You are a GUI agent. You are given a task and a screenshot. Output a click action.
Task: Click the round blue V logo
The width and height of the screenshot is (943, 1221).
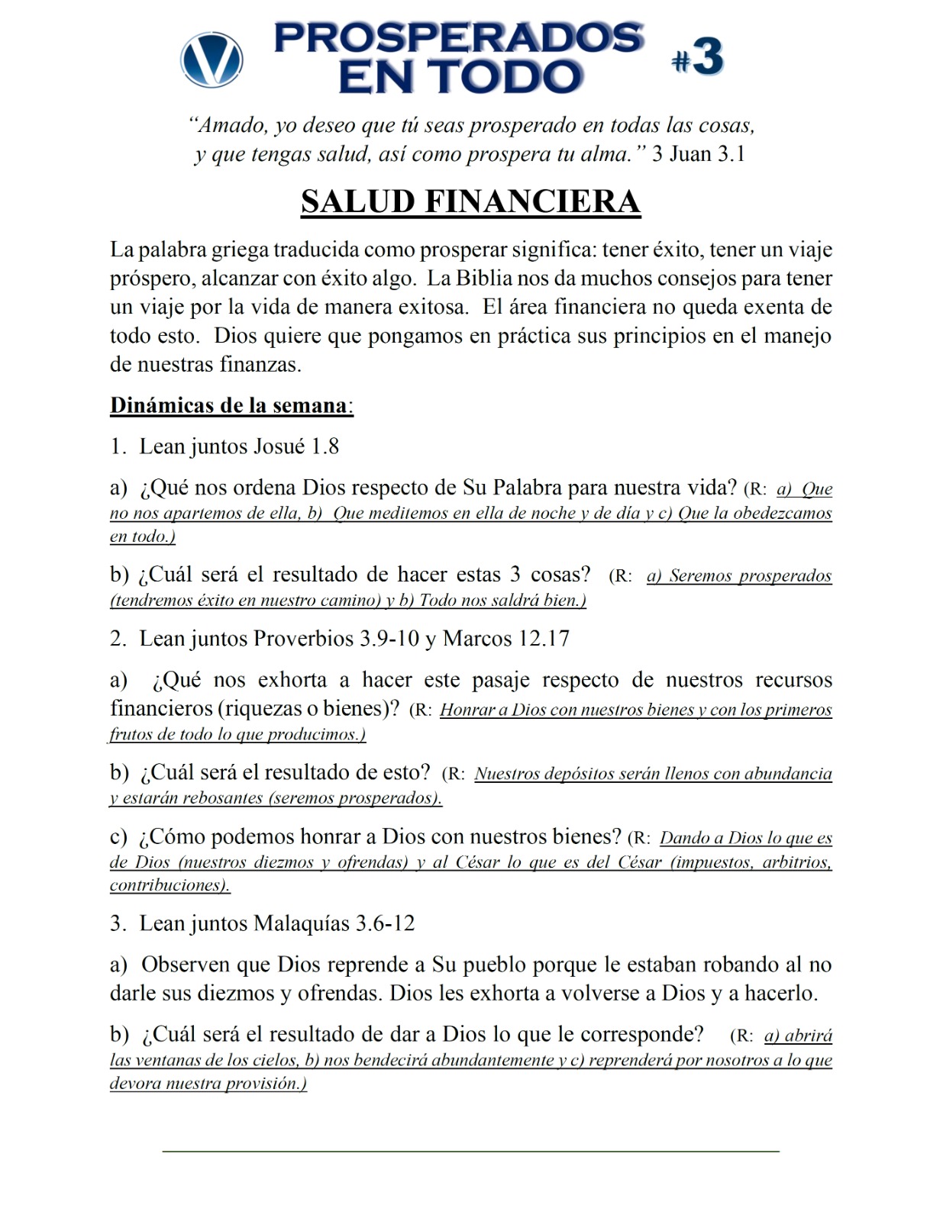(212, 60)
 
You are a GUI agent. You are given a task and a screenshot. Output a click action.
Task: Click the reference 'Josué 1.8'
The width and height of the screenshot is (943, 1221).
(296, 446)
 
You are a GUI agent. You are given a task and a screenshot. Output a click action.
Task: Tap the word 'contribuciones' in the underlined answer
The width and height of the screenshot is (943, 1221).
(167, 885)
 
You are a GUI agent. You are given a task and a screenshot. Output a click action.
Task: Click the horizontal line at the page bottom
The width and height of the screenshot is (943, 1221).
(470, 1150)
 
